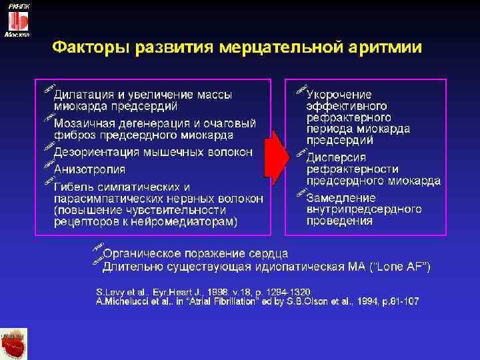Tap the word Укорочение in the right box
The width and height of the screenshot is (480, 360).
coord(339,94)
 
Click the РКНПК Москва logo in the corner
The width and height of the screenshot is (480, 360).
coord(17,20)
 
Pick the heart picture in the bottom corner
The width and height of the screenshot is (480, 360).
coord(14,344)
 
